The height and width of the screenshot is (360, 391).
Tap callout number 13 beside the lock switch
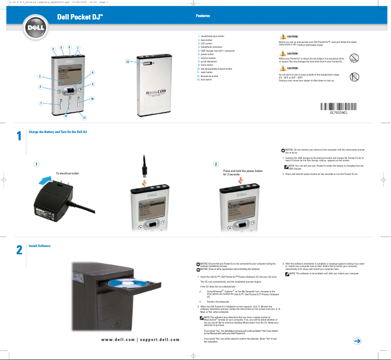(x=127, y=62)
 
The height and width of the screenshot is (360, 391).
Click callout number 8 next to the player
(x=93, y=73)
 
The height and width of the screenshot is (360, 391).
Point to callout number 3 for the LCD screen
(x=39, y=76)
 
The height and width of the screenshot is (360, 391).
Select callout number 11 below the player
(x=84, y=118)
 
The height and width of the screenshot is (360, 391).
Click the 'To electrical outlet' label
(x=67, y=173)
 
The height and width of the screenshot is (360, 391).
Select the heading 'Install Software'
(x=39, y=246)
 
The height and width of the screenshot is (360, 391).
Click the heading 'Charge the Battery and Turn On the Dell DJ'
(x=58, y=133)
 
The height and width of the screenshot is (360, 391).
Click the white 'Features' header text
(x=203, y=16)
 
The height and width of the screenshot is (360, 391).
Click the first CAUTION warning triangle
(x=283, y=37)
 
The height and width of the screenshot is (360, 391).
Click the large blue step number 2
(x=19, y=250)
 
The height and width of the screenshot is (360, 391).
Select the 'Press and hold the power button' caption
(x=242, y=171)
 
